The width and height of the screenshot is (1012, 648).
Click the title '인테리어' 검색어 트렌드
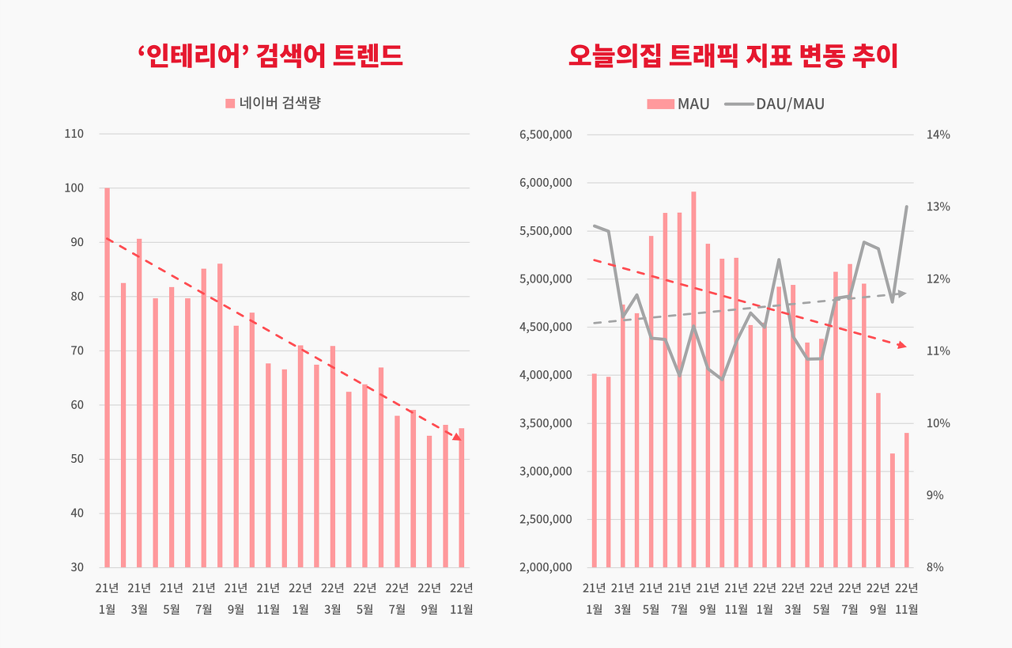tap(270, 56)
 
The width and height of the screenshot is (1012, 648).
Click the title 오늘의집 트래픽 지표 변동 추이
tap(733, 56)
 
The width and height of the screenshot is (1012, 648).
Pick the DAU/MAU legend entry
tap(775, 104)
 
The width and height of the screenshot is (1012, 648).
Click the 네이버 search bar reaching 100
tap(108, 377)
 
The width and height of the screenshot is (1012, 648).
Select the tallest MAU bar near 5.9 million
tap(693, 380)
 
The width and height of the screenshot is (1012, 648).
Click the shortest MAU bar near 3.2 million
tap(893, 510)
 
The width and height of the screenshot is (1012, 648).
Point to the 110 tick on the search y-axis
tap(74, 134)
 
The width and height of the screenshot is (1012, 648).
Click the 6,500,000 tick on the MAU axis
tap(546, 135)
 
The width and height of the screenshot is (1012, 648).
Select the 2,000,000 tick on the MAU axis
tap(546, 567)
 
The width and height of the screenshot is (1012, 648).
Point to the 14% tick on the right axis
tap(938, 135)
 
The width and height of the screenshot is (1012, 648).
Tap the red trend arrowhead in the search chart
tap(457, 436)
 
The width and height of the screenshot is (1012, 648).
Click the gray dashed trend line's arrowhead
tap(902, 294)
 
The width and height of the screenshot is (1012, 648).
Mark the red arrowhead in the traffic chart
tap(901, 346)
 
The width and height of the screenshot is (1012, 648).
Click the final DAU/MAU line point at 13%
tap(906, 207)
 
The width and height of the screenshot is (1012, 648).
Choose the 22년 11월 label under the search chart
tap(461, 598)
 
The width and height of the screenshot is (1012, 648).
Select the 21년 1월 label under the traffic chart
tap(594, 598)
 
